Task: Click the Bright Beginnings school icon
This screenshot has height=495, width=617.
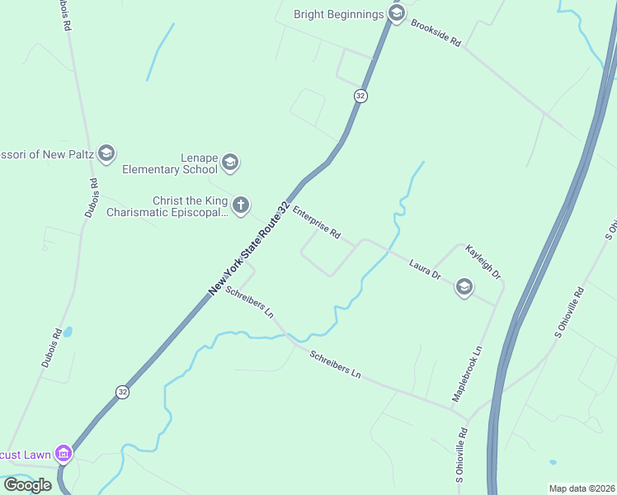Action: point(397,14)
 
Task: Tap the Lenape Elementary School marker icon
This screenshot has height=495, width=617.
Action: point(230,163)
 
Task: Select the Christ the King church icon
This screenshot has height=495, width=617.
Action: point(240,205)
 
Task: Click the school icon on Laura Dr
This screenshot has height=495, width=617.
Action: point(464,287)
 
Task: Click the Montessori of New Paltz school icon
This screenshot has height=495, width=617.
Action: point(106,153)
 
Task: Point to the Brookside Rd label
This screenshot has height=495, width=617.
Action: point(436,33)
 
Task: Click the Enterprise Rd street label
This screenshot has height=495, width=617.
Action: point(317,222)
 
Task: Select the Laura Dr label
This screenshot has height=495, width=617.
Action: point(426,268)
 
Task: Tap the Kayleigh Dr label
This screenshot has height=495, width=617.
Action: point(483,261)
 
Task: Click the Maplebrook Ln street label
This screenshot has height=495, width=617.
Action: point(466,375)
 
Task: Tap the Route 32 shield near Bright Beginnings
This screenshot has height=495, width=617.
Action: point(360,96)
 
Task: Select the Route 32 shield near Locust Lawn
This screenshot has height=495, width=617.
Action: point(122,391)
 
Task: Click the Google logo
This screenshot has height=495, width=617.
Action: point(27,485)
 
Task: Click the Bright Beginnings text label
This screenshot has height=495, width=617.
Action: point(339,14)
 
